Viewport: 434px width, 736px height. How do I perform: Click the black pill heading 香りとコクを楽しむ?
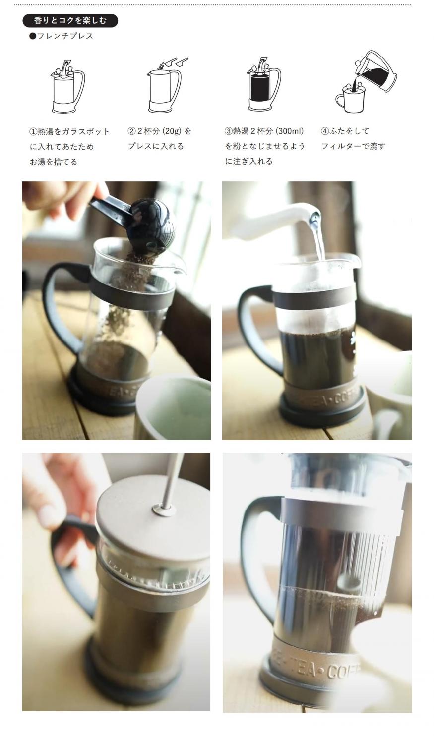tap(70, 21)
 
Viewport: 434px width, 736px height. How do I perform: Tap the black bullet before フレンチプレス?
tap(32, 36)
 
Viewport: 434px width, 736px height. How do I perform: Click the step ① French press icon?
tap(68, 87)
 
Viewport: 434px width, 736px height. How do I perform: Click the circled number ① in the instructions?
tap(33, 132)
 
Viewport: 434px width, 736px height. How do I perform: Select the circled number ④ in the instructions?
tap(325, 131)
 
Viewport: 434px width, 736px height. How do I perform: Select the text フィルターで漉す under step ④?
tap(353, 146)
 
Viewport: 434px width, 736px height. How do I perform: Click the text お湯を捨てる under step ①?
tap(53, 162)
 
